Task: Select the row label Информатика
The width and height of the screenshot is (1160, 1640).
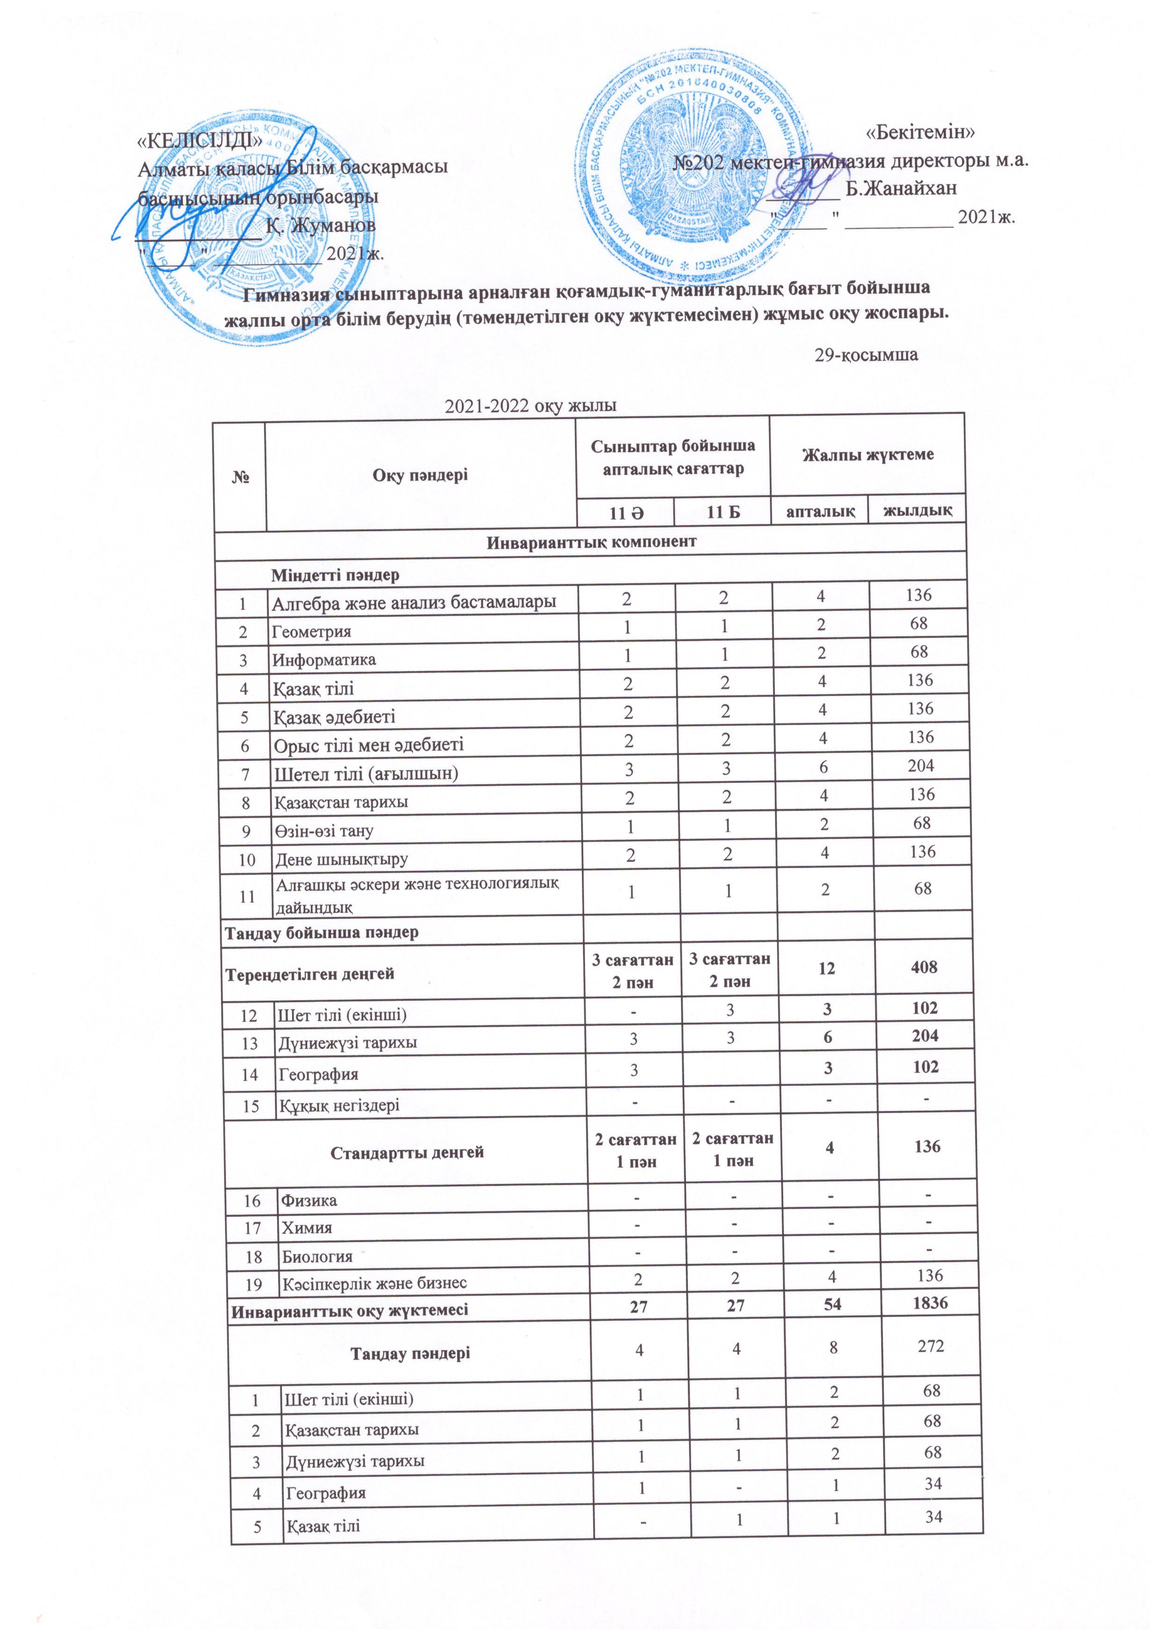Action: click(x=324, y=660)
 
